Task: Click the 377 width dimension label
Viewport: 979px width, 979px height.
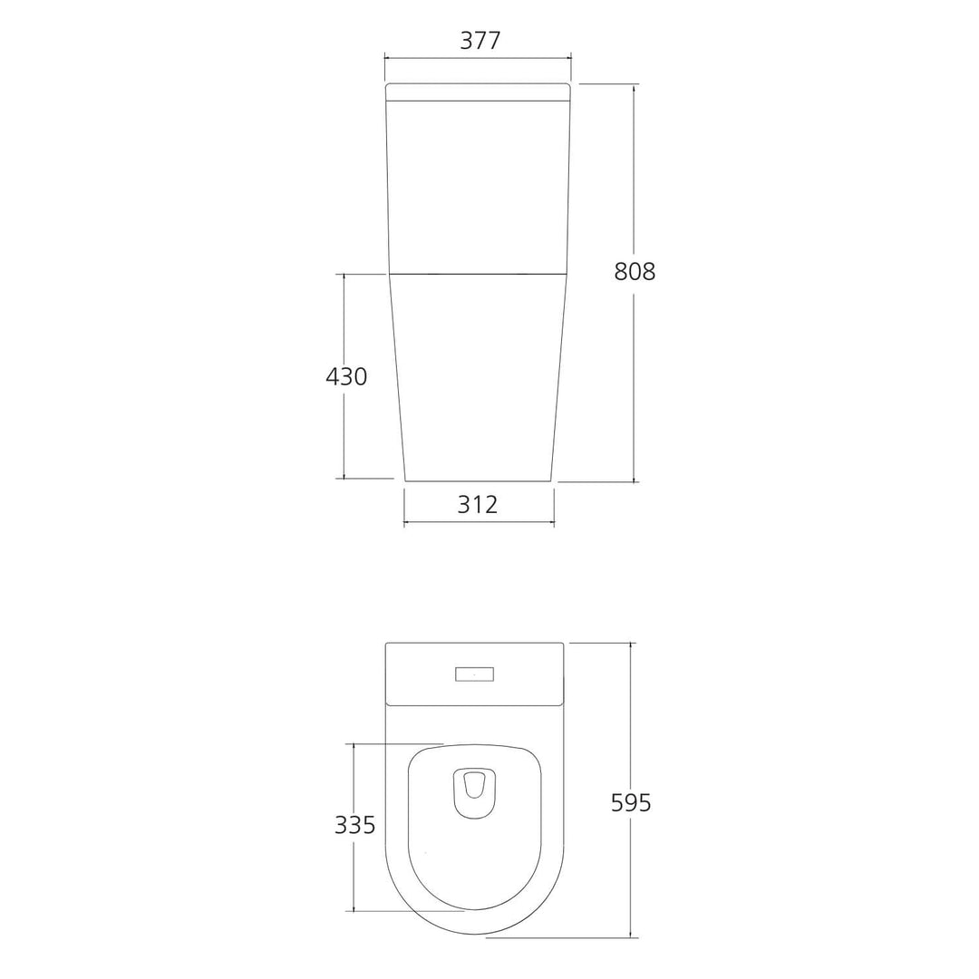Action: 478,41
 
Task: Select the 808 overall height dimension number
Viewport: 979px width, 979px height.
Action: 635,271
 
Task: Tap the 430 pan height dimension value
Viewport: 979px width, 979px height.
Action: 346,376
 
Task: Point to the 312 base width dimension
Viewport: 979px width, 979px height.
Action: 478,505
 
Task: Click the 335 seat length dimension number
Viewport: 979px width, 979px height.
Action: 355,825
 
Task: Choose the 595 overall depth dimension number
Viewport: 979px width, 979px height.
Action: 632,802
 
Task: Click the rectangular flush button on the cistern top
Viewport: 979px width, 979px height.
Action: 473,674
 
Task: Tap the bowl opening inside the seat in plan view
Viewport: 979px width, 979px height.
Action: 473,792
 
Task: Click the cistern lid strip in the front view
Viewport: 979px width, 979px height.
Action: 478,92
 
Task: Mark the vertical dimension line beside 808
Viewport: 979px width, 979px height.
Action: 634,181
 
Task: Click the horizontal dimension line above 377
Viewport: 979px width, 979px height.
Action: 478,57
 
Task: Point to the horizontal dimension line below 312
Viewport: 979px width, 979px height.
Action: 478,522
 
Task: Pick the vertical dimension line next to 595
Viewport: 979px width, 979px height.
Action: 631,725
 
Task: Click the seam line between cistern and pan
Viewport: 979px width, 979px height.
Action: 478,272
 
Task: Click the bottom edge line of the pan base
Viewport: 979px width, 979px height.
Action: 478,480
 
